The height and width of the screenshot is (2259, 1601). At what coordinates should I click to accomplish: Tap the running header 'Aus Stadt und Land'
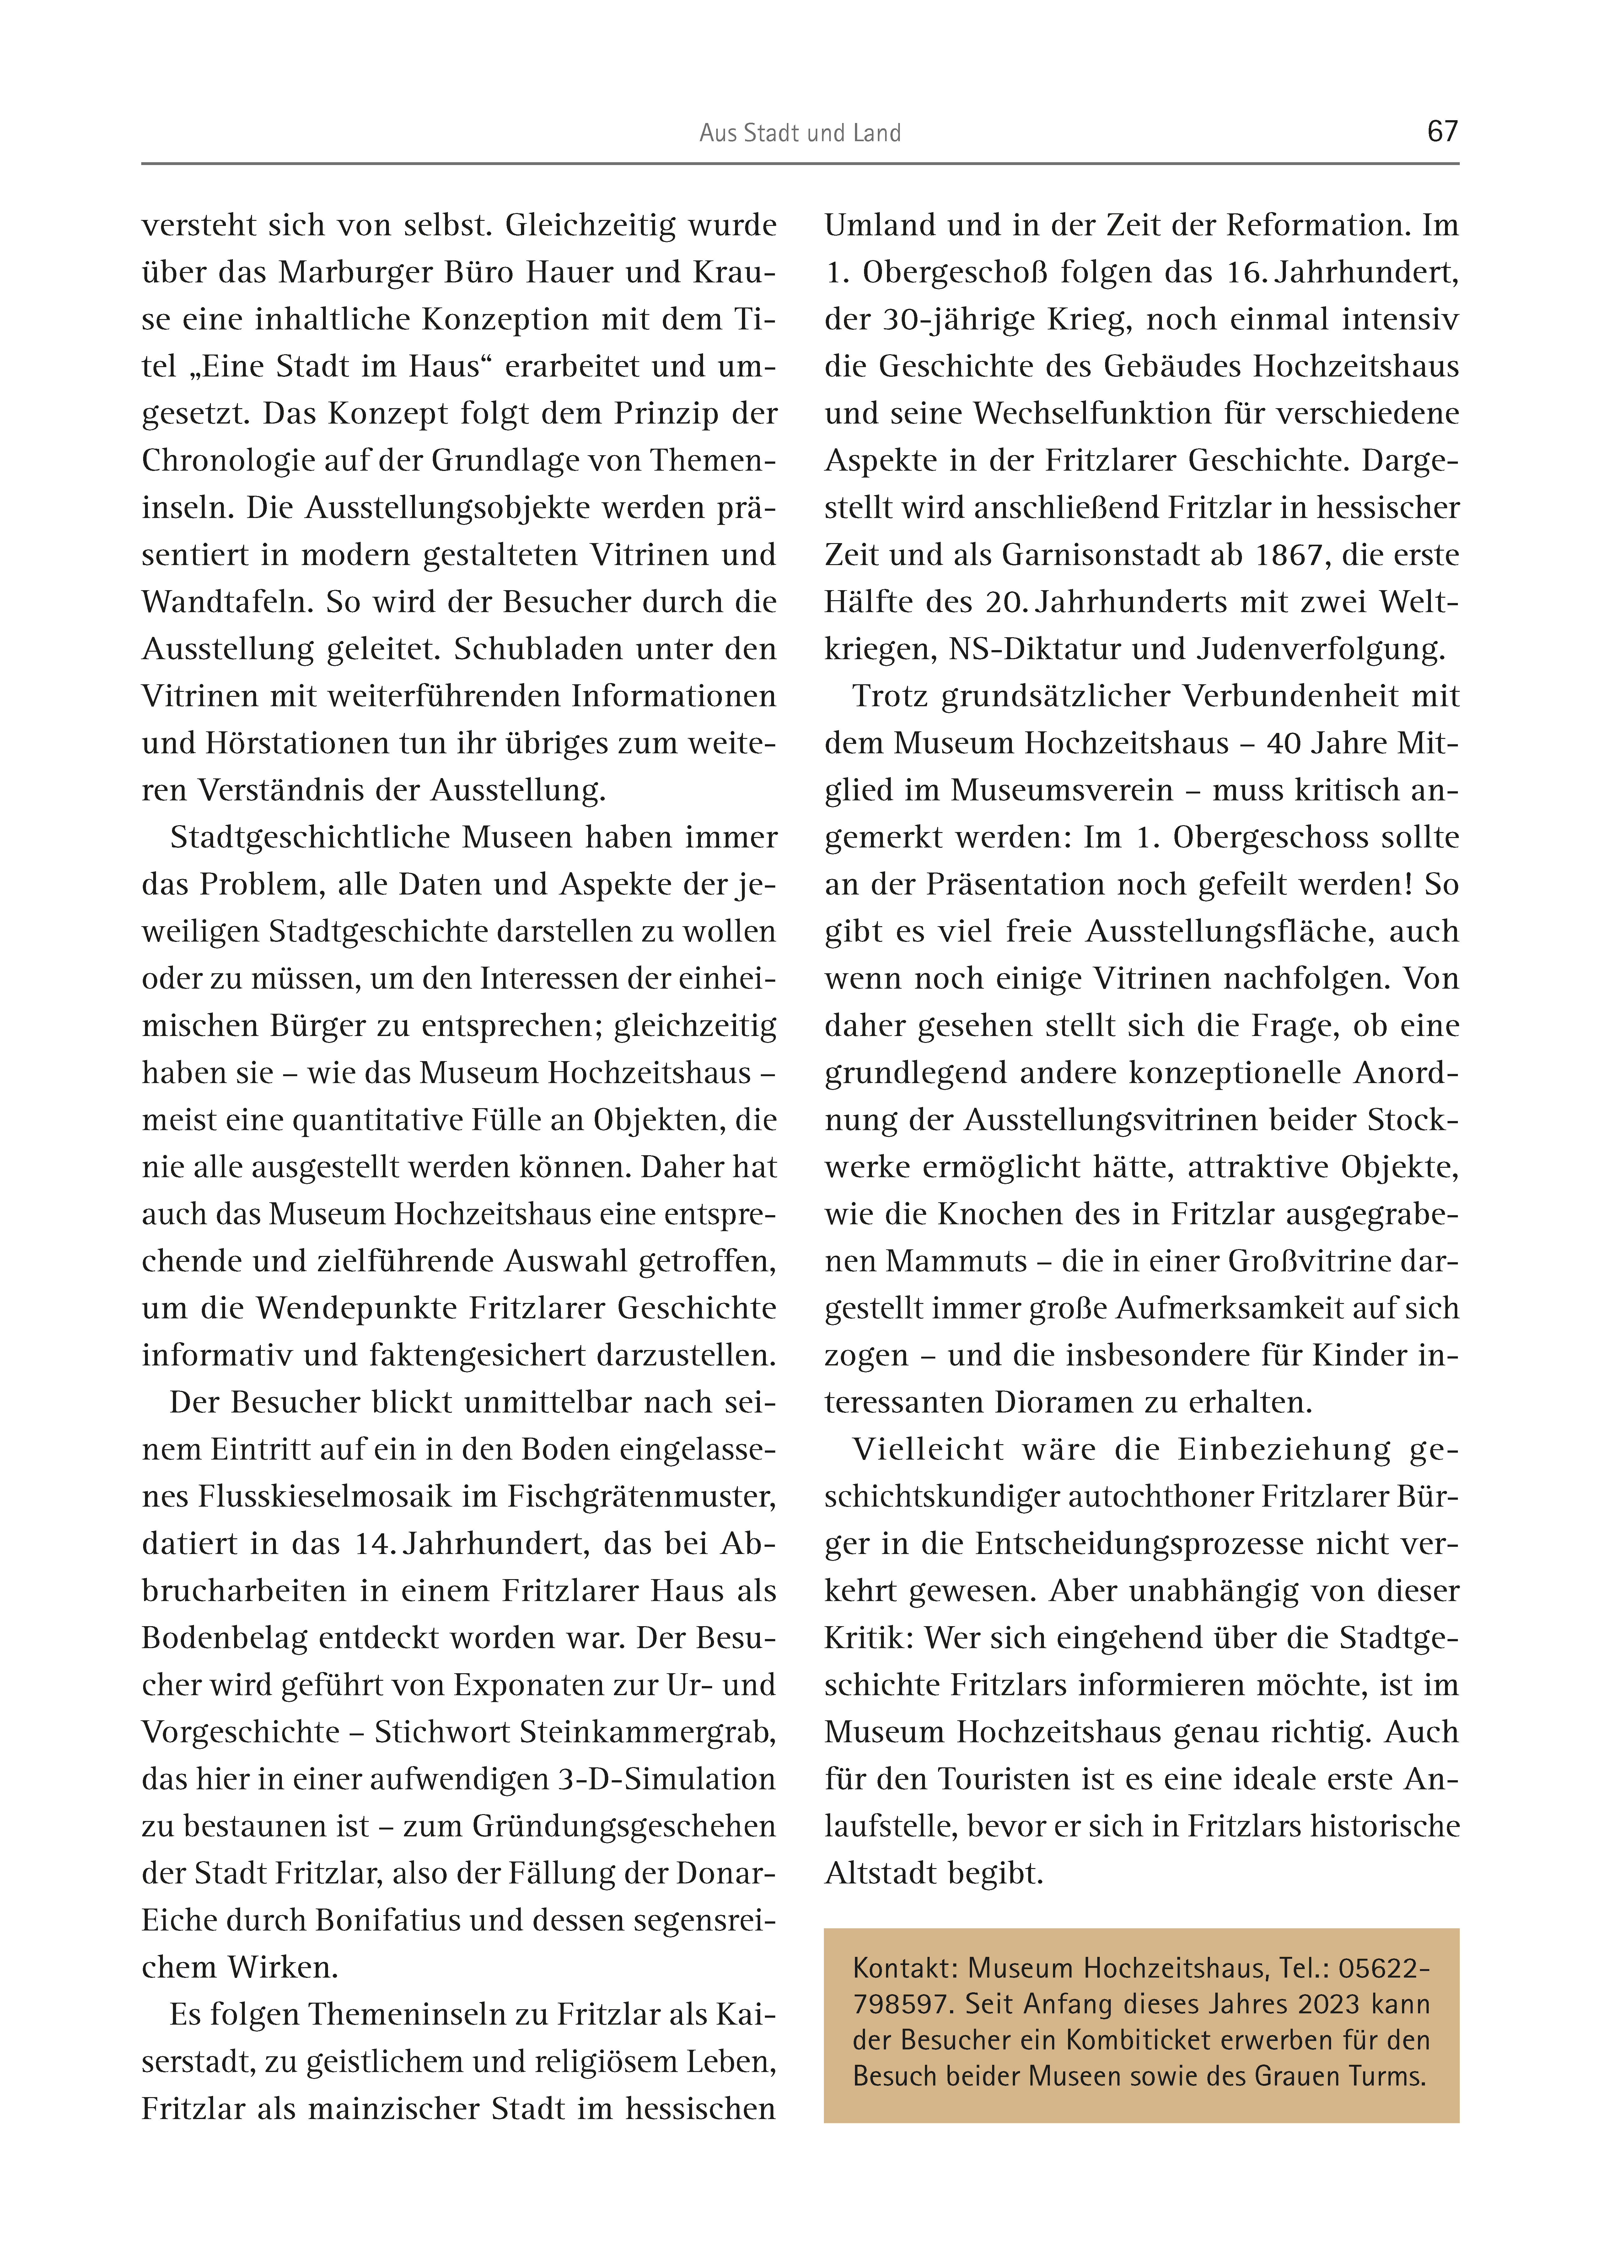[799, 133]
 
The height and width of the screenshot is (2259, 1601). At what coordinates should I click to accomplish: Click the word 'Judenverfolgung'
[1321, 649]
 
